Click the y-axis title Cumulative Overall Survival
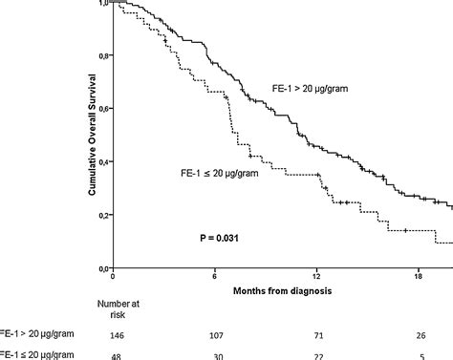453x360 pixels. (88, 136)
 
